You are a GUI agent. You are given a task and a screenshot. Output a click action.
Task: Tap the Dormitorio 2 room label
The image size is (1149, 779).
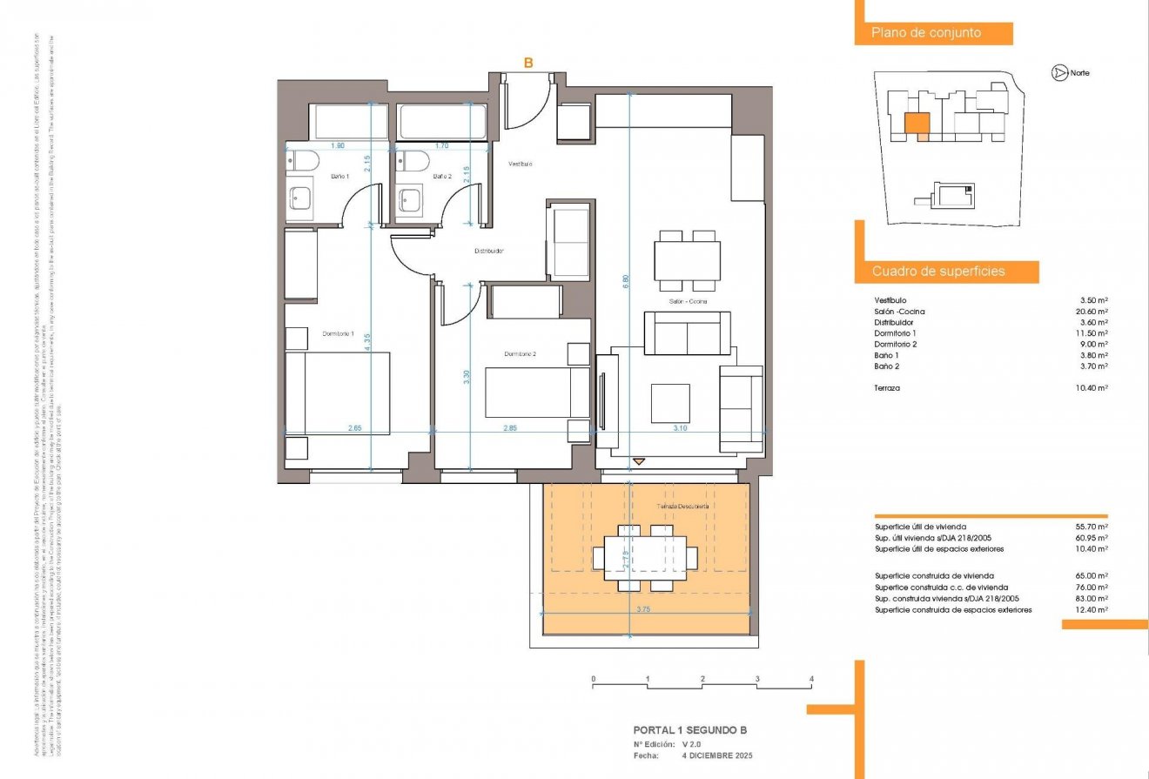point(520,354)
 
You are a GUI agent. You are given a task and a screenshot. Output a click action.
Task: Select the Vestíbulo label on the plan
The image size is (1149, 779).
point(521,164)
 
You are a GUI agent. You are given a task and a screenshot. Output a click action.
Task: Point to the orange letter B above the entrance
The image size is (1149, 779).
point(527,63)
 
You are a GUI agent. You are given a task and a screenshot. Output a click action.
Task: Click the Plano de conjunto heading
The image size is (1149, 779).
point(926,33)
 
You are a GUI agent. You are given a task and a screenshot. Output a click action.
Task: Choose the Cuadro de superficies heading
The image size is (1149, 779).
point(938,272)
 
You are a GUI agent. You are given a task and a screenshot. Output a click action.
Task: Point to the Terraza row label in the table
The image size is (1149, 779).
point(887,388)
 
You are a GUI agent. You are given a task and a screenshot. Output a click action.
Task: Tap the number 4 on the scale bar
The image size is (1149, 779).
point(810,679)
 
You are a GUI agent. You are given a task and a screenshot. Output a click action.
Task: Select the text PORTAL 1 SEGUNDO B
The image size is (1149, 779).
point(689,731)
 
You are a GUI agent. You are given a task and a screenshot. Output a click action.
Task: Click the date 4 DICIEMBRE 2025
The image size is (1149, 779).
point(716,755)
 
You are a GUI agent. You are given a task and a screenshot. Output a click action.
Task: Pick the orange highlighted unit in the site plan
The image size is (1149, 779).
point(917,124)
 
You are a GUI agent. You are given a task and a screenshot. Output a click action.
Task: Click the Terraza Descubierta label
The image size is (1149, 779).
point(682,506)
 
